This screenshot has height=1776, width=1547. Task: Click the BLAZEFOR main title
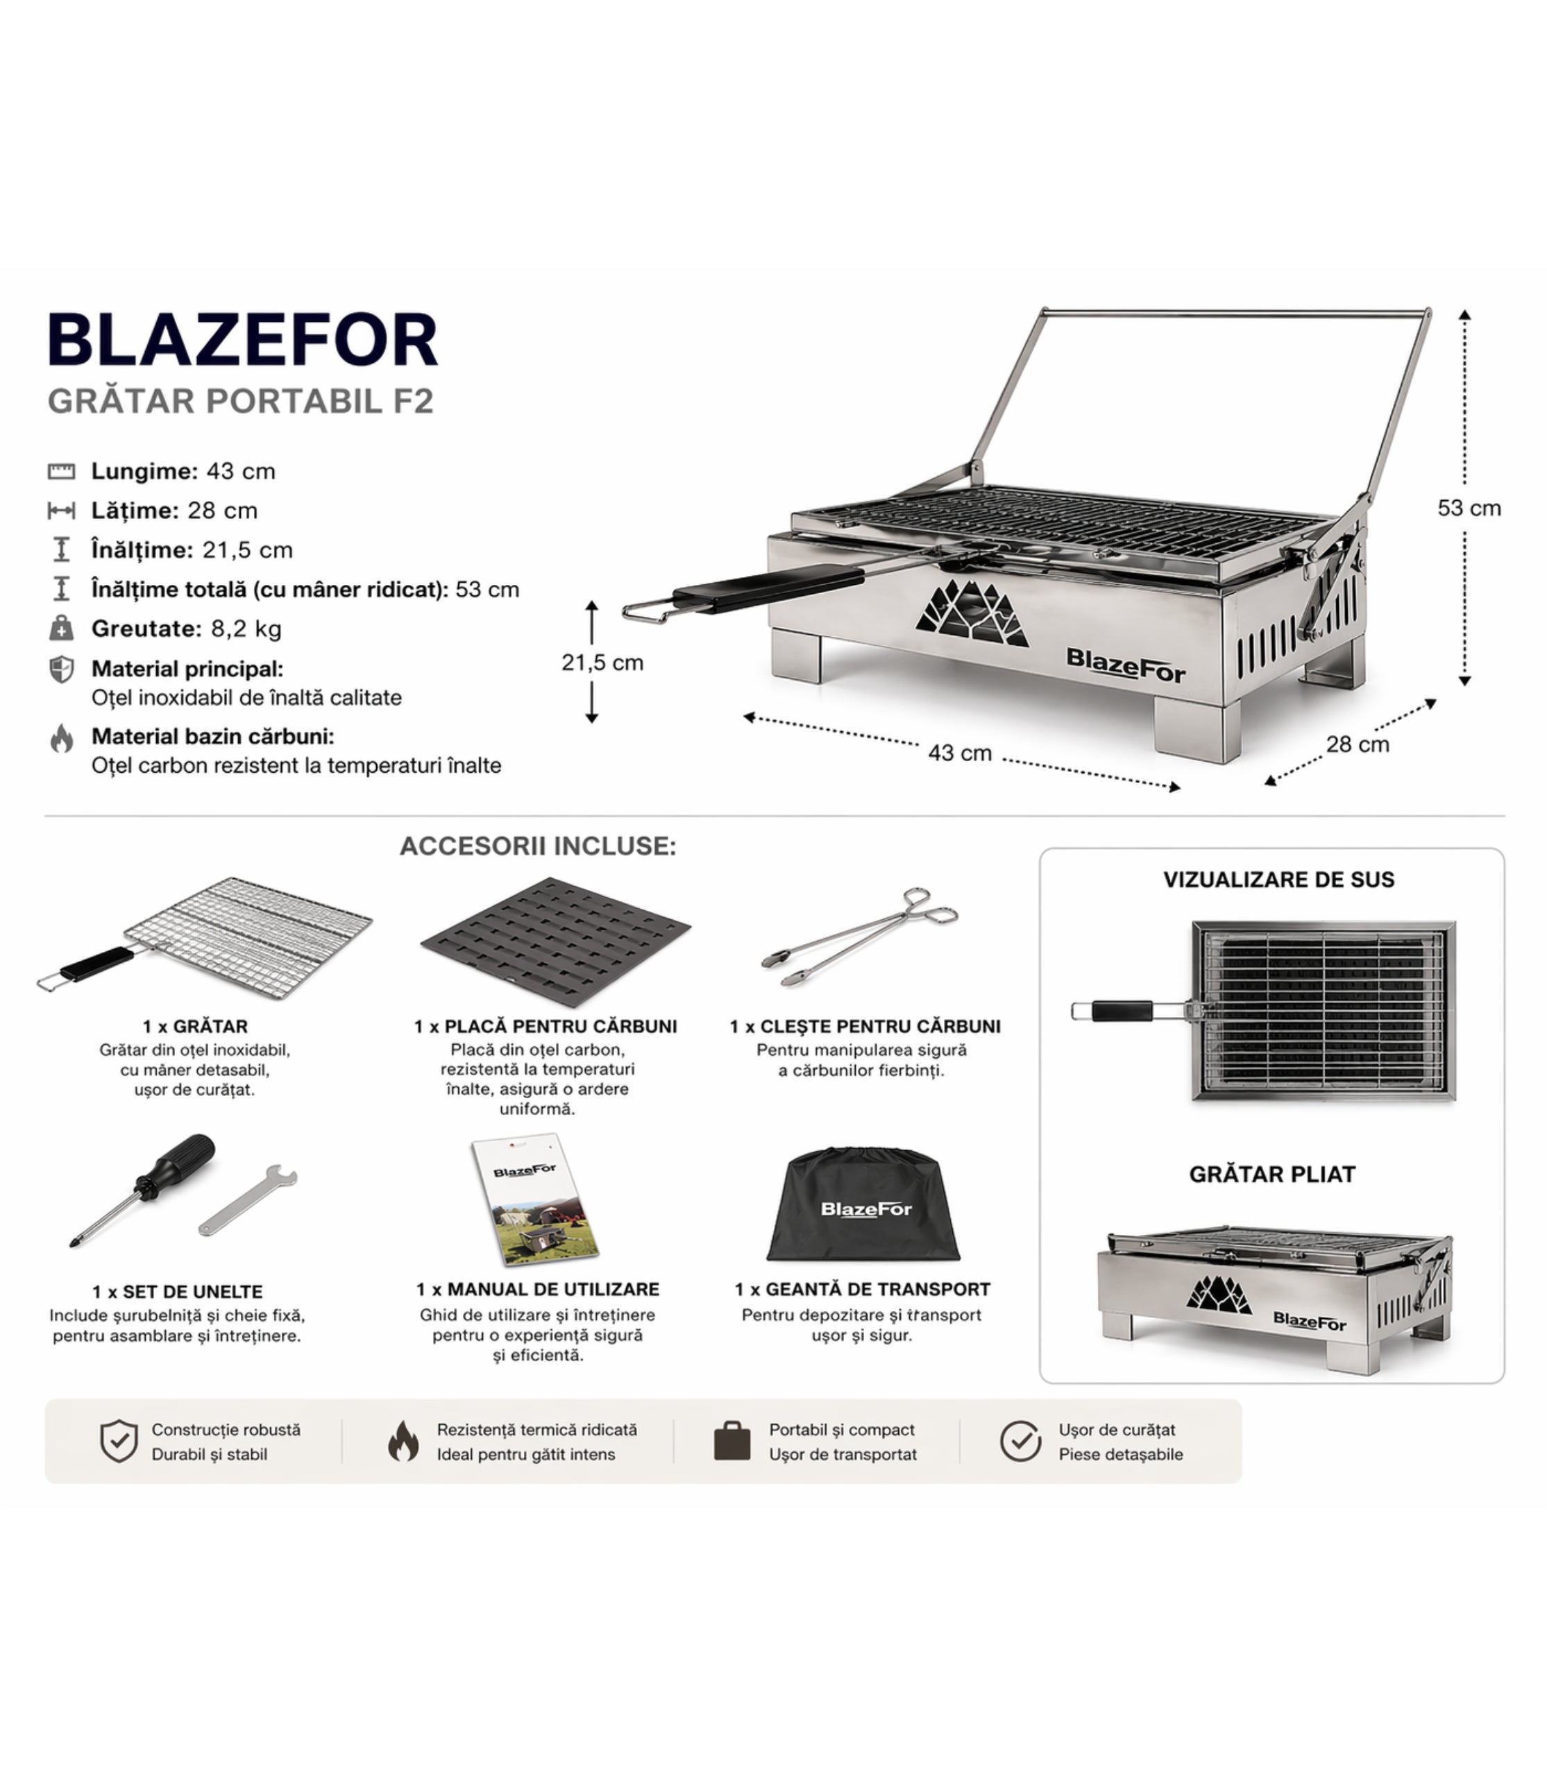coord(243,340)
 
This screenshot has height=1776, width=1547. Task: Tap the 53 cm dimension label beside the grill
coord(1469,509)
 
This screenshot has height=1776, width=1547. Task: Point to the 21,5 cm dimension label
coord(602,663)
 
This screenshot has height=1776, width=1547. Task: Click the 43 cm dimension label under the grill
coord(960,753)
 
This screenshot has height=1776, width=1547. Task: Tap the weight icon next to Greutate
coord(61,629)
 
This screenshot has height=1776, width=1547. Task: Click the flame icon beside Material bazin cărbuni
coord(61,738)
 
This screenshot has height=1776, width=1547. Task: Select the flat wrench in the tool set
coord(248,1199)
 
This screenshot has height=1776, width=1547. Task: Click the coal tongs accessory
coord(860,937)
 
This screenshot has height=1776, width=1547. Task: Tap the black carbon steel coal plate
coord(555,941)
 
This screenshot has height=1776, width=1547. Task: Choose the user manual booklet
coord(535,1199)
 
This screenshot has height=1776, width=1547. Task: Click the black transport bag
coord(863,1204)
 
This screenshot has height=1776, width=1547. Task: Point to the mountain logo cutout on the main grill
coord(972,613)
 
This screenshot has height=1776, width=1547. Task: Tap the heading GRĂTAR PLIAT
coord(1272,1175)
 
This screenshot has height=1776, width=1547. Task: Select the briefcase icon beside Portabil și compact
coord(732,1440)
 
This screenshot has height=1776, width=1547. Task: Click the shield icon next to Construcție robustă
coord(119,1441)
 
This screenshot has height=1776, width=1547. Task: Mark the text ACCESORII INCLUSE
coord(538,846)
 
